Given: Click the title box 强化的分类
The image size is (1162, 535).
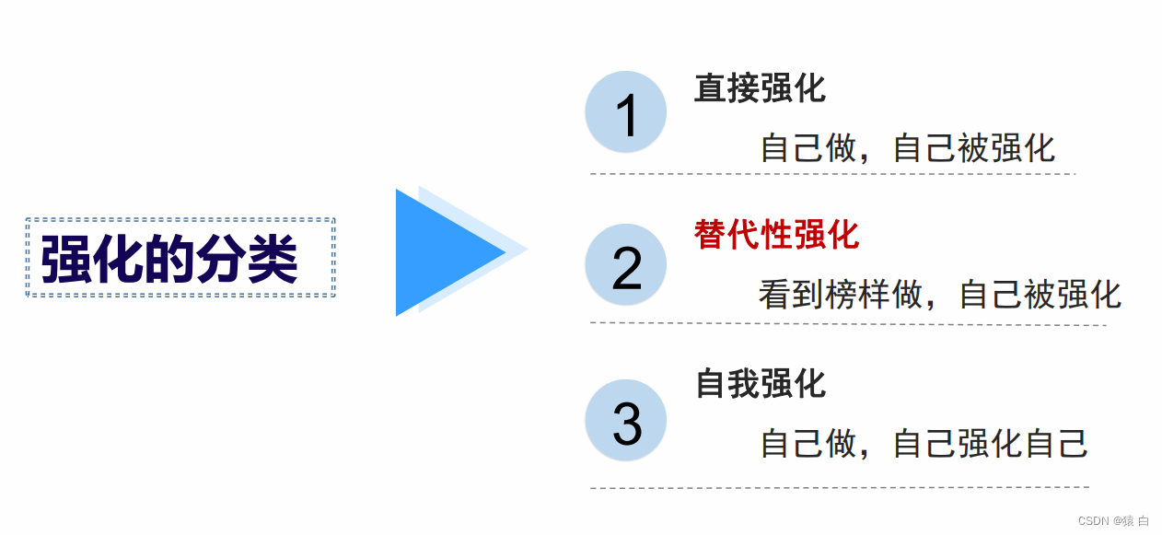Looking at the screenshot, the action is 180,258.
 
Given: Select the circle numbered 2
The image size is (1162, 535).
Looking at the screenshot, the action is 626,265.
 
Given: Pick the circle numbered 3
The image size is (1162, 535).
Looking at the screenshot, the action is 626,421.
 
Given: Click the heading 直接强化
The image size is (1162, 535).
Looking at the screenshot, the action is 760,88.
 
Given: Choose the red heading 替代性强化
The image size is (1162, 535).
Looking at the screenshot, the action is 776,235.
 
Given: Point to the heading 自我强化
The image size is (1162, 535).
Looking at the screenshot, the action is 761,383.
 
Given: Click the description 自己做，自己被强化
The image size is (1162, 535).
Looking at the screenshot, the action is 907,148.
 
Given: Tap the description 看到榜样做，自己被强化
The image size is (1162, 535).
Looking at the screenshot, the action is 939,295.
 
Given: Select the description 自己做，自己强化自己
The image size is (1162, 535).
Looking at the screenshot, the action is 924,444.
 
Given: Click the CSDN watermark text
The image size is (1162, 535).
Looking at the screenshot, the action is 1113,521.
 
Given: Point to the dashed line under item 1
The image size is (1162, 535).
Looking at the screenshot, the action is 832,173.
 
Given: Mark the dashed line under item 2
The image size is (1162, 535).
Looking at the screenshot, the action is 847,324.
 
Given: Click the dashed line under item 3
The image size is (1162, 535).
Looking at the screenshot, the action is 839,487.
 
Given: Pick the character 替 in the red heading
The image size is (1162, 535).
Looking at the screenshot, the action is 710,235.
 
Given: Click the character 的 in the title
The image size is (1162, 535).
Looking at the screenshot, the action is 169,260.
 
